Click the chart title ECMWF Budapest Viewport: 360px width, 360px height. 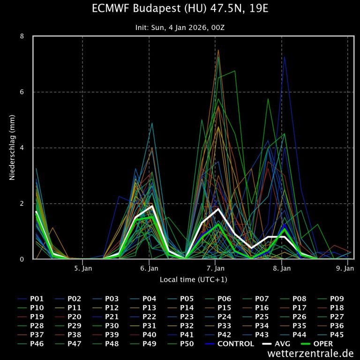(x=180, y=9)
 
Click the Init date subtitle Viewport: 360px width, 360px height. (x=180, y=28)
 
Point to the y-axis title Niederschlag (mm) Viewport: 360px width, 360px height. (x=13, y=148)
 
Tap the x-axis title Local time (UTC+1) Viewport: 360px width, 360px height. (x=193, y=279)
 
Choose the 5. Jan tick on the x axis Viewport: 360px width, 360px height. (x=83, y=269)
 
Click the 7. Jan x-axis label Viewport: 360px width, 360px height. (x=215, y=269)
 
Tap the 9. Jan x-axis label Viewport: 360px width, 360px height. (x=346, y=269)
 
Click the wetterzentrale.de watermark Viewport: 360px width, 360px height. (x=311, y=353)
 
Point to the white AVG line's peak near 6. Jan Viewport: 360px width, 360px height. (x=152, y=206)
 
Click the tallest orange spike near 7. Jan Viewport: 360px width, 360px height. (x=218, y=50)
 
